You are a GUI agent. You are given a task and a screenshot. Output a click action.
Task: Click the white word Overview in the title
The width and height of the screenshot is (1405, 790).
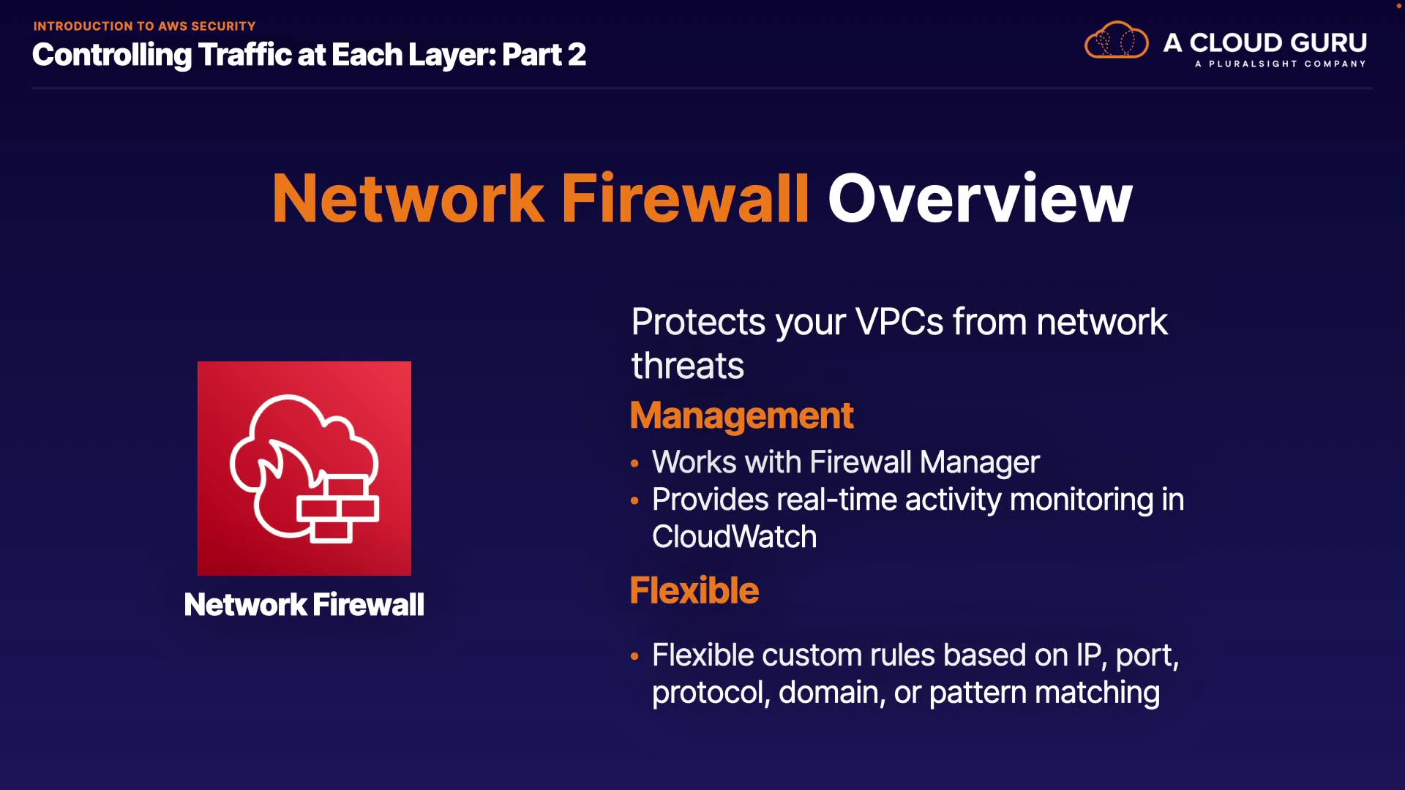pos(980,199)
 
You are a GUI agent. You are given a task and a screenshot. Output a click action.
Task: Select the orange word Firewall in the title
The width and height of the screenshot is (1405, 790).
pos(685,199)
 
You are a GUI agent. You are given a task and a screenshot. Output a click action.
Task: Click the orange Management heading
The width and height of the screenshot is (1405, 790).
pos(741,415)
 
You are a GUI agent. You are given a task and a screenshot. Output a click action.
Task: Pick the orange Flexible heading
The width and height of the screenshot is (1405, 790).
pos(694,590)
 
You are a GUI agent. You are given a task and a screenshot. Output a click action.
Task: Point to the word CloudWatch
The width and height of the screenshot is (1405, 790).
pos(734,537)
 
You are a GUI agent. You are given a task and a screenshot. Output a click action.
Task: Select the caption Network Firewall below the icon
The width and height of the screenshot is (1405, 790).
pos(304,605)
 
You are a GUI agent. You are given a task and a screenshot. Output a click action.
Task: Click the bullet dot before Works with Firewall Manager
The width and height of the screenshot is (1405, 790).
pos(634,463)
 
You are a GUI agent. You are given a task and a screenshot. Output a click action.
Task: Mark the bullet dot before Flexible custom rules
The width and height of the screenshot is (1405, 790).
pos(634,656)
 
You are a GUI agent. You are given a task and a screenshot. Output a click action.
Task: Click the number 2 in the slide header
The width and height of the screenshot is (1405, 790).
pos(577,55)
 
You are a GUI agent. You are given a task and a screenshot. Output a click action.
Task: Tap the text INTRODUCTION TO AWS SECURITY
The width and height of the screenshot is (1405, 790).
pos(144,26)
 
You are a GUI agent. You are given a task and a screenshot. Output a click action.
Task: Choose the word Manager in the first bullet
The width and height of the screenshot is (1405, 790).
pos(979,462)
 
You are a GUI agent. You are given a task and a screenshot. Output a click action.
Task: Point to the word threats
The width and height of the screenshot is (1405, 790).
pos(687,366)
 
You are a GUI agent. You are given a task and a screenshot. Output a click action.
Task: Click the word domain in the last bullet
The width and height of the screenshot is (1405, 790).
pos(828,693)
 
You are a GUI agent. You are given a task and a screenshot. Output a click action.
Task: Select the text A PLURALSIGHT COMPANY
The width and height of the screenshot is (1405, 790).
pos(1280,64)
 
